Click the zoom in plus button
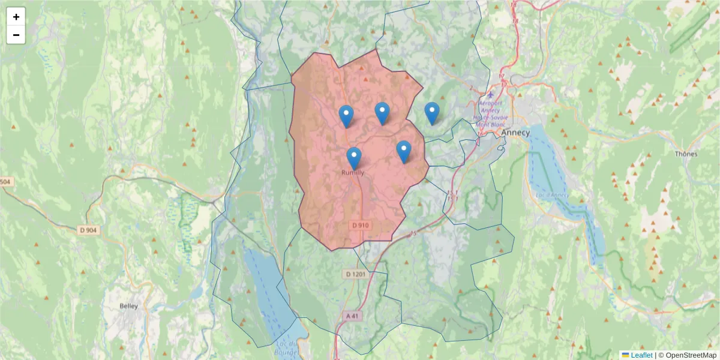16,17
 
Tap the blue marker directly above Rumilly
354,158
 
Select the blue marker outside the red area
432,113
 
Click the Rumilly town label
353,173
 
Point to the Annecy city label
515,133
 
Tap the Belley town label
129,306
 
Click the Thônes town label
686,154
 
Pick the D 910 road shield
361,225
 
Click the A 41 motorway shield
354,316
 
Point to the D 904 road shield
88,230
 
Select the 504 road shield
5,182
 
